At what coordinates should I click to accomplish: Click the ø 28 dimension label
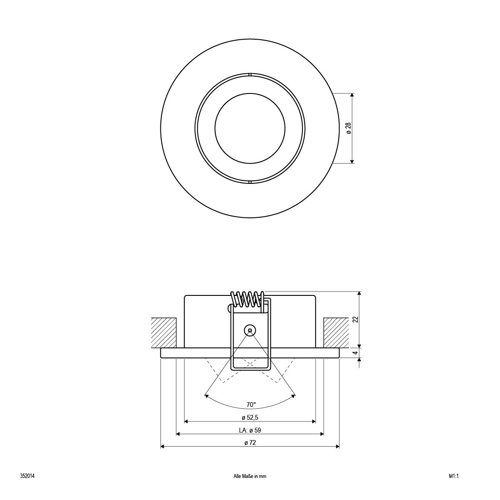(x=348, y=128)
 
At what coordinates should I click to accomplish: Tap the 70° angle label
(x=251, y=405)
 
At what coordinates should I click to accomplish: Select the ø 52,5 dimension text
(x=250, y=418)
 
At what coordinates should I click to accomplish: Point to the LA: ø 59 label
(x=250, y=430)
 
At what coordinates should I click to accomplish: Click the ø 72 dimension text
(x=250, y=443)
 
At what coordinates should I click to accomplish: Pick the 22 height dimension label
(x=356, y=320)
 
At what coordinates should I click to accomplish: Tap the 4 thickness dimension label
(x=356, y=353)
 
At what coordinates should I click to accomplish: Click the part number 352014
(x=27, y=476)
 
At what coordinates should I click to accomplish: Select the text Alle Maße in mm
(x=250, y=476)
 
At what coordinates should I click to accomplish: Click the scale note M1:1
(x=453, y=476)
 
